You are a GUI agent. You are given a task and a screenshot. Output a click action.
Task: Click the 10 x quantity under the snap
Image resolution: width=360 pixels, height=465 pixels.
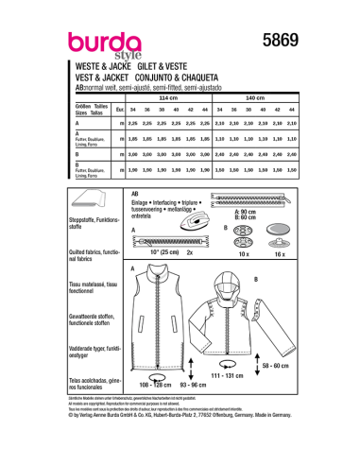[x=224, y=254]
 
